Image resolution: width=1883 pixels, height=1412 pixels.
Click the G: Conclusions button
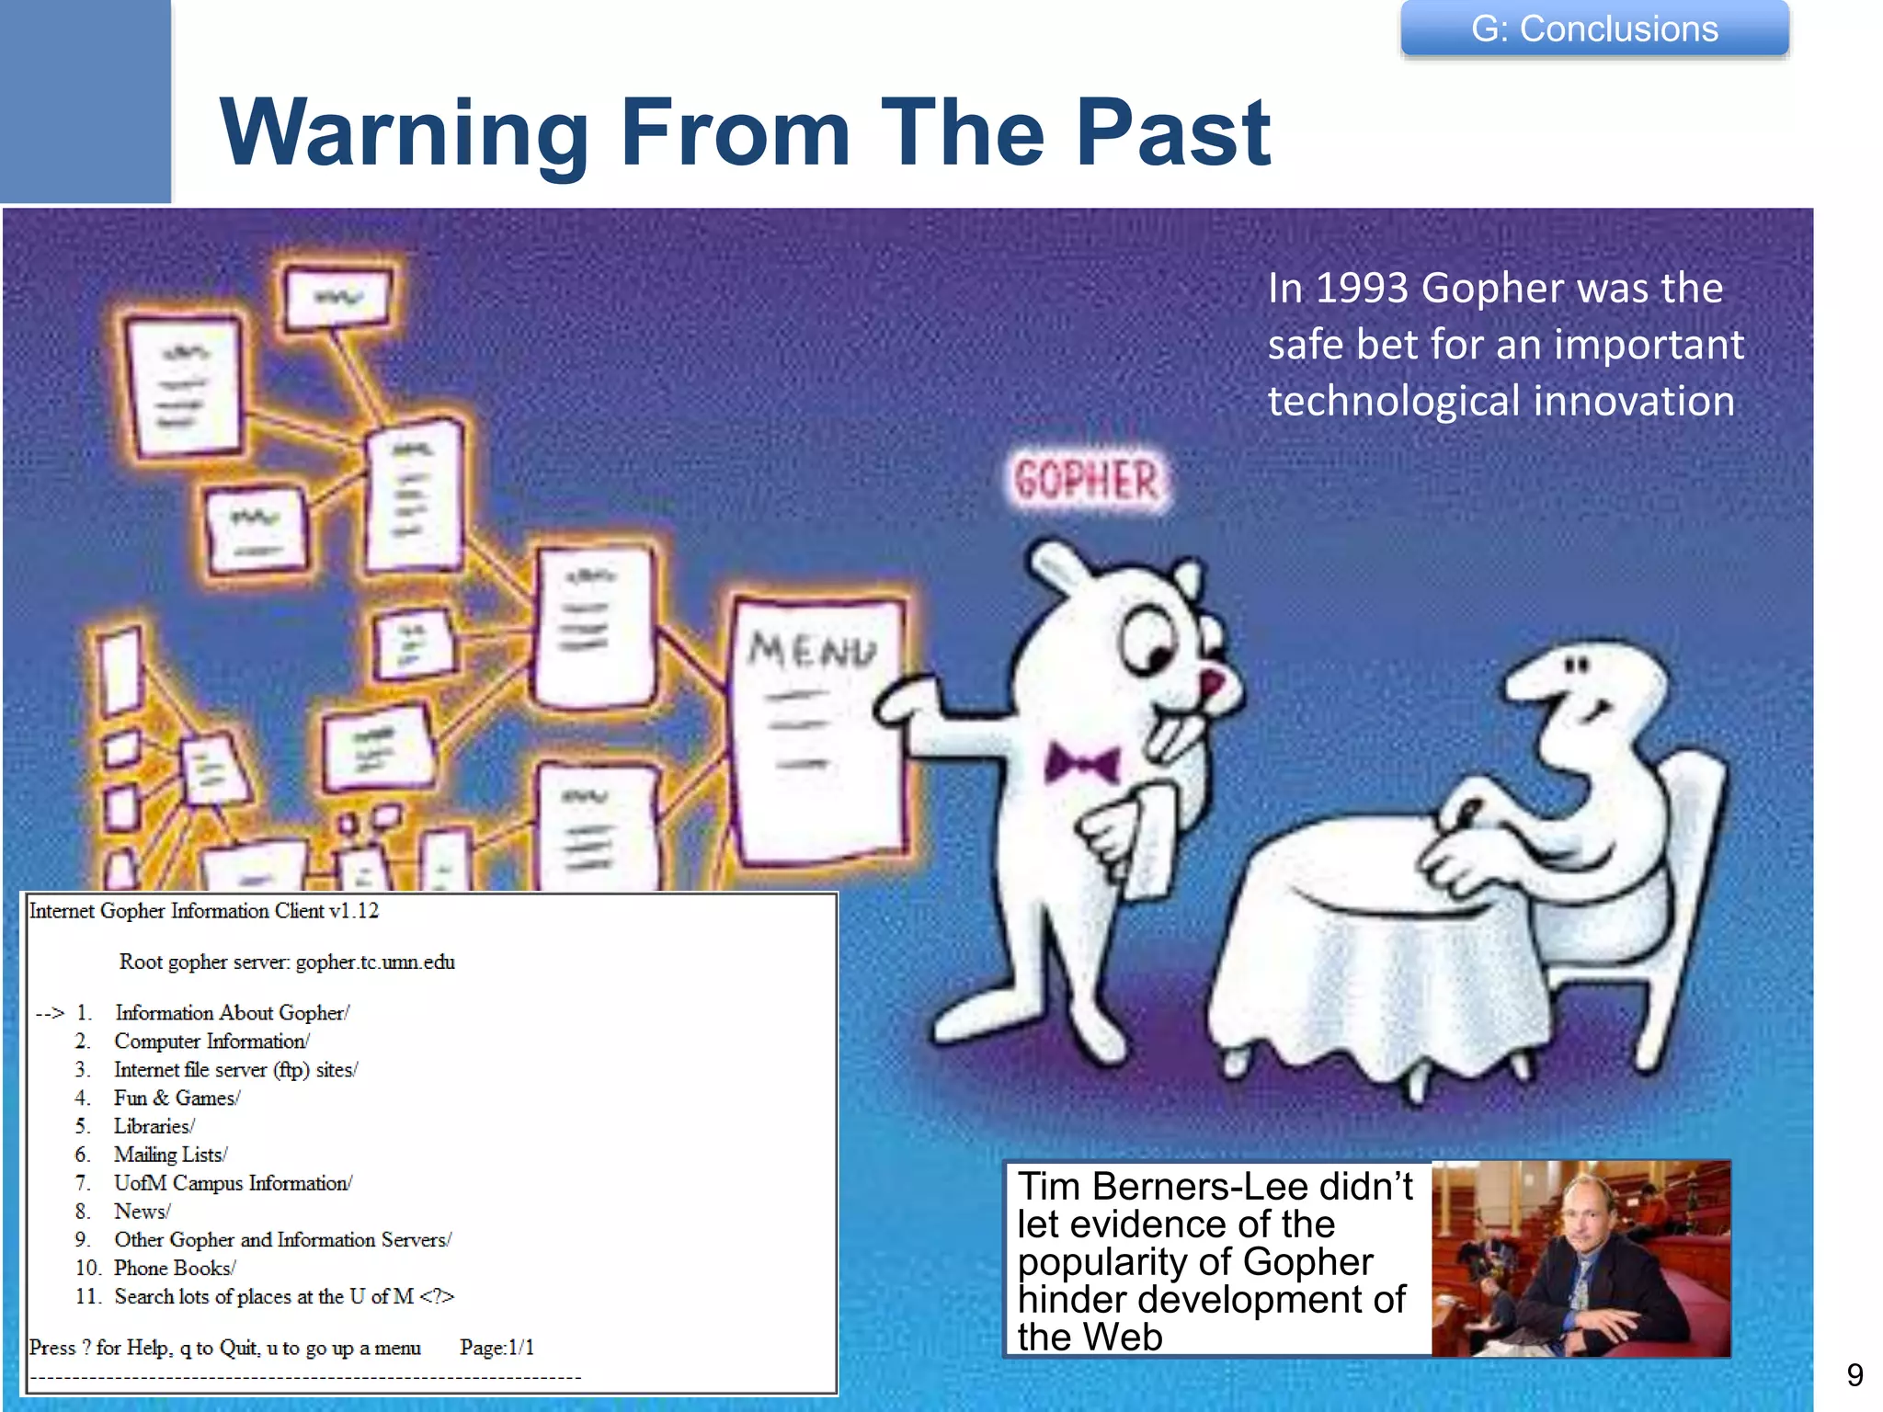1593,29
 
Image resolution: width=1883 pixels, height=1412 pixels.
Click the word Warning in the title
405,133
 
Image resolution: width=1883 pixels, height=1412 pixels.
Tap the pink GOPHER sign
1086,481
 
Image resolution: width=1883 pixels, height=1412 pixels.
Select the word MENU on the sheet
812,651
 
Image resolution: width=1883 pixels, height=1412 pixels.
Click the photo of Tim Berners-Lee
1581,1258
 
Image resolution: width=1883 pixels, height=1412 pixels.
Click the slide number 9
1854,1375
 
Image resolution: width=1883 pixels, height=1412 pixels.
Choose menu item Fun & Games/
177,1098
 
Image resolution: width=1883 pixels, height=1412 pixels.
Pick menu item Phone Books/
175,1268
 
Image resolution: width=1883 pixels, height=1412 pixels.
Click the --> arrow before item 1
50,1013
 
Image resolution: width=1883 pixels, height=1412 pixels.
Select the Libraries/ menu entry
154,1126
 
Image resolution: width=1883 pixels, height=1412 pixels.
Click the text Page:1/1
496,1348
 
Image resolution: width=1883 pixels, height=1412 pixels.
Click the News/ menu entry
142,1212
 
